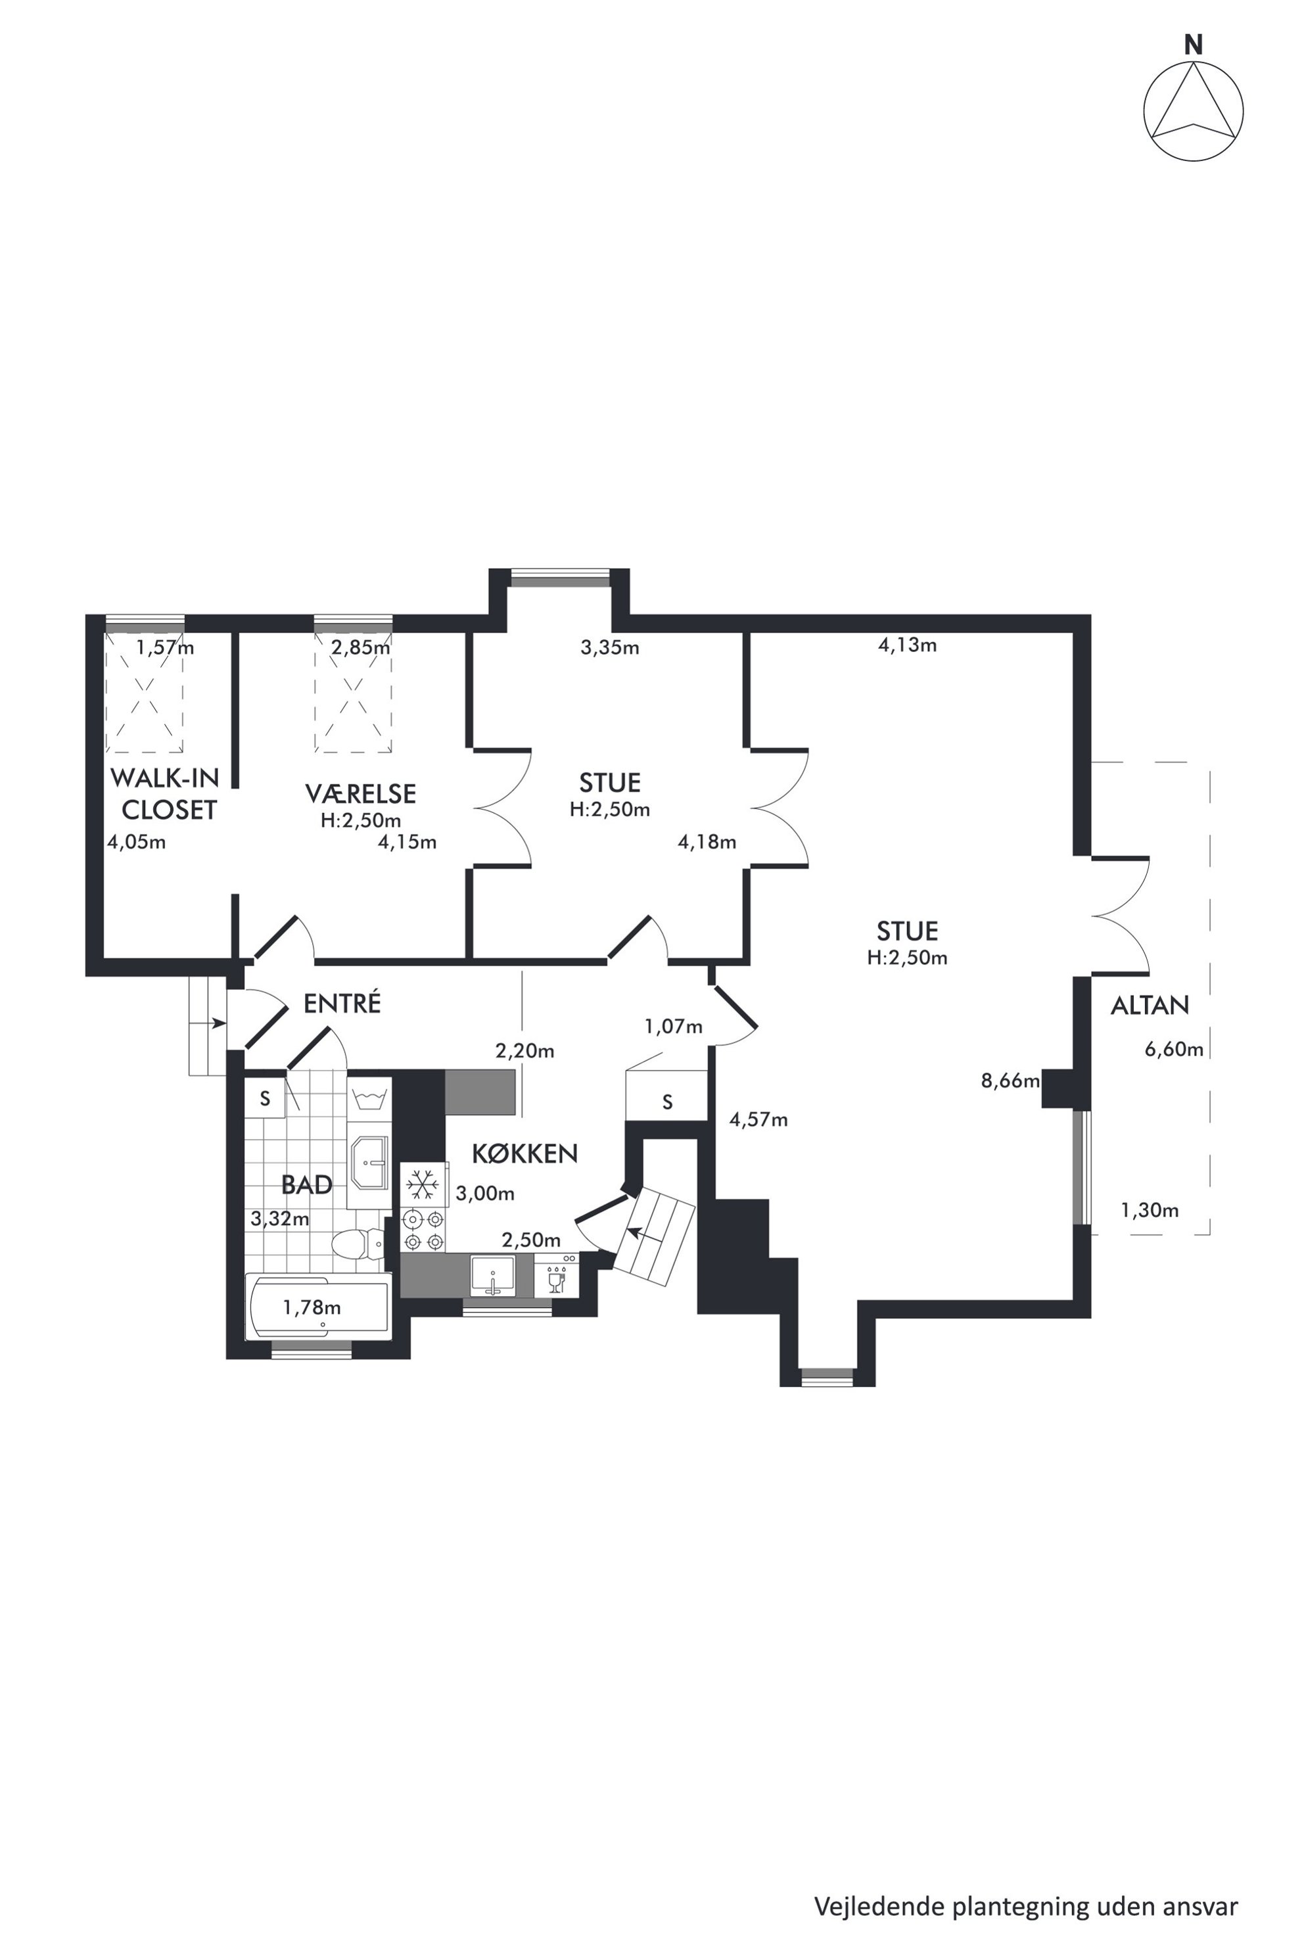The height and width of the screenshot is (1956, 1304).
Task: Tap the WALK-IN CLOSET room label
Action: pyautogui.click(x=165, y=793)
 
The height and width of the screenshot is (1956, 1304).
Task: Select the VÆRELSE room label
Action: pyautogui.click(x=360, y=793)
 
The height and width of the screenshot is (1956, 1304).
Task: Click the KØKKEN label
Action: pyautogui.click(x=524, y=1153)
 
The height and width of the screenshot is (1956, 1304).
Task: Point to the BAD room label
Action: pyautogui.click(x=307, y=1184)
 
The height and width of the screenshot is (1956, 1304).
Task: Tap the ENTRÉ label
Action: pyautogui.click(x=342, y=1003)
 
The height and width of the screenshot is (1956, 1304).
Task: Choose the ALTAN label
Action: pyautogui.click(x=1150, y=1006)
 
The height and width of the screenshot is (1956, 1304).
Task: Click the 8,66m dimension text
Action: pyautogui.click(x=1010, y=1081)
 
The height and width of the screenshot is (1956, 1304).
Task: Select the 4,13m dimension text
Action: pyautogui.click(x=907, y=645)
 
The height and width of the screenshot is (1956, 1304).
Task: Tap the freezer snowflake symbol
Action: pyautogui.click(x=423, y=1184)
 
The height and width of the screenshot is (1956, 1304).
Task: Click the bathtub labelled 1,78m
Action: pyautogui.click(x=319, y=1307)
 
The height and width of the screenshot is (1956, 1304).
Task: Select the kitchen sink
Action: pyautogui.click(x=493, y=1276)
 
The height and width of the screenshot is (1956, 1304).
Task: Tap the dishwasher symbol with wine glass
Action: pyautogui.click(x=556, y=1276)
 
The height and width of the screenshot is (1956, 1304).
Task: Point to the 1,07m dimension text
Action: pyautogui.click(x=674, y=1027)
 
